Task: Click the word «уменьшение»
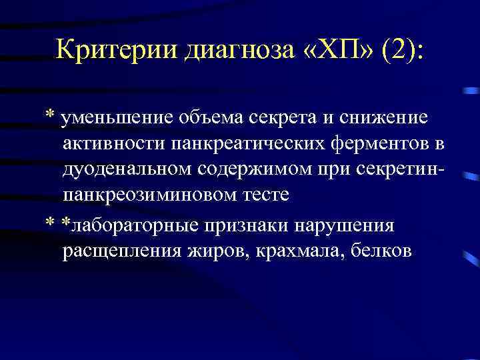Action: point(116,118)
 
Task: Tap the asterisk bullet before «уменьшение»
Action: point(50,114)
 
